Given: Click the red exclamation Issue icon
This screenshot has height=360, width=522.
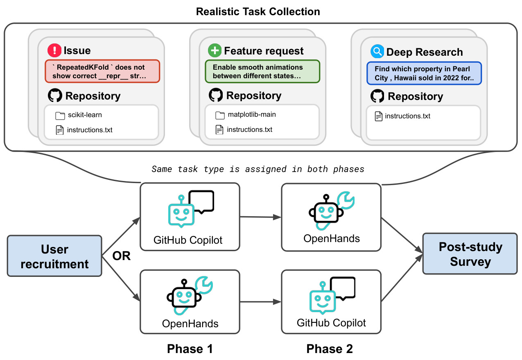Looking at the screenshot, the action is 54,50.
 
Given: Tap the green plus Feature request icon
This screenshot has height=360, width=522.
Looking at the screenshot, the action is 215,50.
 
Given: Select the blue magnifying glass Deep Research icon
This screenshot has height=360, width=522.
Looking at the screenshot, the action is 377,51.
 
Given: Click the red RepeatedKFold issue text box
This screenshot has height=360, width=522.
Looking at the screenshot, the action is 102,71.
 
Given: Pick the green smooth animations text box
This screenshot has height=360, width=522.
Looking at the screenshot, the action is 262,71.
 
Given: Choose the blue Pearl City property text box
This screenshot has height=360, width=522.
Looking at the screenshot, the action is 424,73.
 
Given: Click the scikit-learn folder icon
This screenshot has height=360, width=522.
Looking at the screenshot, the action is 60,115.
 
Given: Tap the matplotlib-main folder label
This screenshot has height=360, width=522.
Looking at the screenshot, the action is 252,115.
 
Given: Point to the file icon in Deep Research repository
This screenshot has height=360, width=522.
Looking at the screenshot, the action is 378,116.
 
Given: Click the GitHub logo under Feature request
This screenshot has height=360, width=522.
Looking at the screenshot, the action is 216,95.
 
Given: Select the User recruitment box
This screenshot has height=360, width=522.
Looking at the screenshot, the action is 54,256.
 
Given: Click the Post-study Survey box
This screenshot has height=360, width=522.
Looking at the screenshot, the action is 470,254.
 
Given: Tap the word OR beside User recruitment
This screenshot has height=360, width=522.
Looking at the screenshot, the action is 122,256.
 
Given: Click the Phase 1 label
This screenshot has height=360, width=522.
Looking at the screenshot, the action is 190,349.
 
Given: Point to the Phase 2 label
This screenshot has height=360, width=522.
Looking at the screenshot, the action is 330,349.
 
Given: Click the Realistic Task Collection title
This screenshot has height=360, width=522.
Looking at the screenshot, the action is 258,11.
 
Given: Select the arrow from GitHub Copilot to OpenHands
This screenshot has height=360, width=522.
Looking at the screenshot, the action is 260,217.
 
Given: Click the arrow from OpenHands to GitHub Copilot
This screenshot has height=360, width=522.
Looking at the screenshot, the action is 260,302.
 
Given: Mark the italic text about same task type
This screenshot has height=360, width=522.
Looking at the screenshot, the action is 258,169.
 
